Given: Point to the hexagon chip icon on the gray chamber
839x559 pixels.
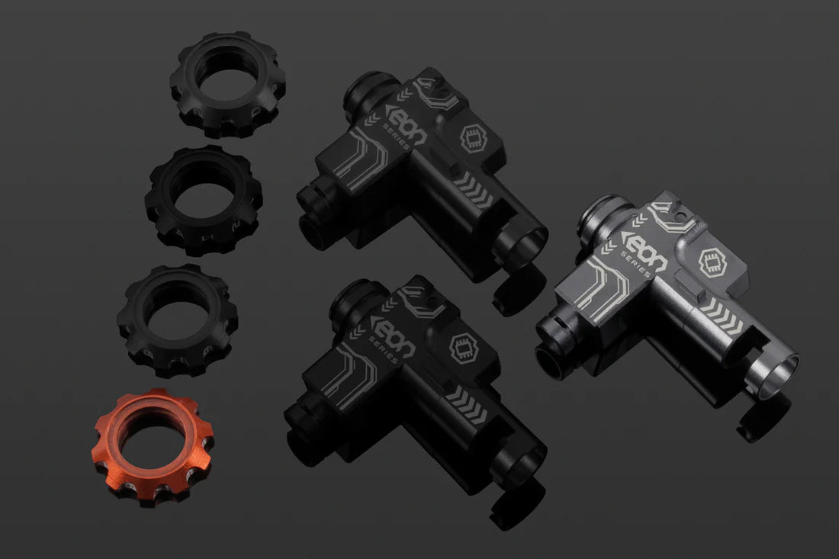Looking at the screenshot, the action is point(712,262).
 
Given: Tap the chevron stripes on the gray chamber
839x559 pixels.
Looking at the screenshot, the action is point(723,316).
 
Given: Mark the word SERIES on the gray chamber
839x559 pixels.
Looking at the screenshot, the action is point(635,263).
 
